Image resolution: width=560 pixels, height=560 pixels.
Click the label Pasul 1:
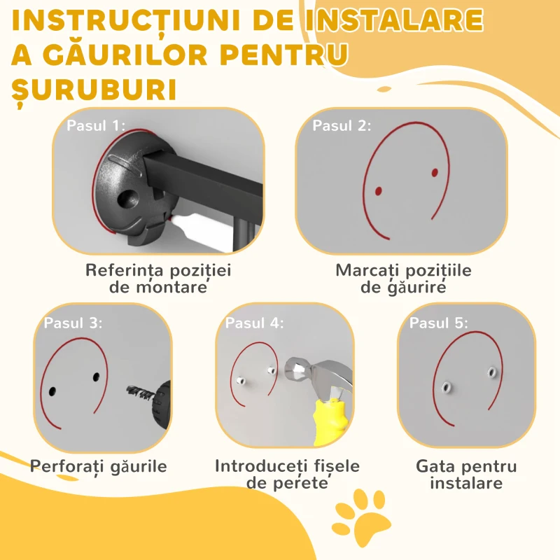click(x=96, y=126)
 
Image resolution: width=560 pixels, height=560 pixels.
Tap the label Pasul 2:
click(x=342, y=126)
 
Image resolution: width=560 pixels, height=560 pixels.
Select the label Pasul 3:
click(x=73, y=323)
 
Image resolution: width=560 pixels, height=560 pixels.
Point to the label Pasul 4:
click(x=254, y=323)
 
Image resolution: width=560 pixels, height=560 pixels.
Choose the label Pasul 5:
click(x=439, y=323)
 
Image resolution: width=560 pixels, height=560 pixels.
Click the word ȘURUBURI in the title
click(x=94, y=90)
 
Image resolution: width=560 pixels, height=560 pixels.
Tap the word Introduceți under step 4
click(x=261, y=466)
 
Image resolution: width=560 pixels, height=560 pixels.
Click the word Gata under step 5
click(x=433, y=466)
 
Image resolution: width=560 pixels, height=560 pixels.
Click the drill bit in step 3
click(x=141, y=392)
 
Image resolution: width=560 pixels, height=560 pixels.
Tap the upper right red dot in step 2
click(x=435, y=173)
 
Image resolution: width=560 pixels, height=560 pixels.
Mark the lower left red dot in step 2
click(x=379, y=191)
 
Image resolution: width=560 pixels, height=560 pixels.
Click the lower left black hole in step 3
click(x=52, y=391)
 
